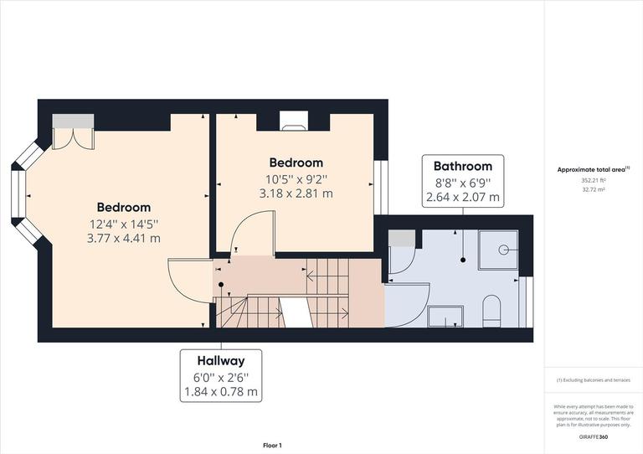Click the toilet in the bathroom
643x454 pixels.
[x=491, y=311]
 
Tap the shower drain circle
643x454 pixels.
[x=504, y=249]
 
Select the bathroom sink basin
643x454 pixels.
[x=445, y=316]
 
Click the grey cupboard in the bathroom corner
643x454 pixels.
[x=401, y=239]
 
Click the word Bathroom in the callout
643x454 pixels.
[x=462, y=167]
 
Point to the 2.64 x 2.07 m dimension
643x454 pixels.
[x=462, y=199]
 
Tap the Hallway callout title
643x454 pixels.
[x=221, y=361]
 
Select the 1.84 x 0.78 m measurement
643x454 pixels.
[x=221, y=392]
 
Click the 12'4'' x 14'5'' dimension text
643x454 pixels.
[x=124, y=224]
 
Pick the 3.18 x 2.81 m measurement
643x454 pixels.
[x=296, y=193]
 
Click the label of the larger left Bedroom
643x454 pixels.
[x=124, y=207]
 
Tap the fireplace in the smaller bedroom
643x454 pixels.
[x=295, y=122]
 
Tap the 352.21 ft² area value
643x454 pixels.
[x=594, y=180]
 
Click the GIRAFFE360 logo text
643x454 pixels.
[x=594, y=437]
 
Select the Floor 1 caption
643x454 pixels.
[x=272, y=446]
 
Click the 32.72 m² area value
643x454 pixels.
[x=594, y=189]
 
